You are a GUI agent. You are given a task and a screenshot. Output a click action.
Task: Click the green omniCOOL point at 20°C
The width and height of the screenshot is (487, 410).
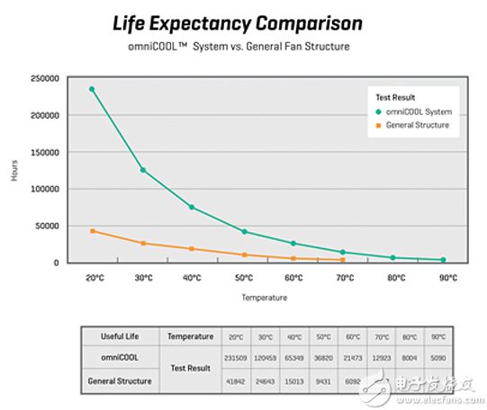click(92, 89)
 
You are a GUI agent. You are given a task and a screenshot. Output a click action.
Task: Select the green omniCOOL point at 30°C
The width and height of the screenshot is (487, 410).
click(142, 170)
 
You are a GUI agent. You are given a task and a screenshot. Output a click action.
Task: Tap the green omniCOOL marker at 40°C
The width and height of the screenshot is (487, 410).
click(192, 207)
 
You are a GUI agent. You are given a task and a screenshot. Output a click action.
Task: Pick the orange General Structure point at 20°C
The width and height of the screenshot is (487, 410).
click(92, 231)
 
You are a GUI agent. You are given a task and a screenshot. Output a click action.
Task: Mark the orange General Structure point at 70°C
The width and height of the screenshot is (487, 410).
click(342, 260)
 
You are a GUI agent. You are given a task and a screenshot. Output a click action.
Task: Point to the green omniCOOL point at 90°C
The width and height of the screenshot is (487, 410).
click(443, 260)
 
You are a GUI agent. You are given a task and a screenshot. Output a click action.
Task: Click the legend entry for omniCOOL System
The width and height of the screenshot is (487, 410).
click(413, 111)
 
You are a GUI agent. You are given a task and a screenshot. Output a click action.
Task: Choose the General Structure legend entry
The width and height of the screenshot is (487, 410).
click(415, 124)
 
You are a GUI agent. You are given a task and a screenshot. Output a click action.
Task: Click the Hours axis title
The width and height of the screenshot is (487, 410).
click(14, 171)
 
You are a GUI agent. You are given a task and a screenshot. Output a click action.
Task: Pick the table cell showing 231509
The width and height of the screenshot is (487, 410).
click(235, 358)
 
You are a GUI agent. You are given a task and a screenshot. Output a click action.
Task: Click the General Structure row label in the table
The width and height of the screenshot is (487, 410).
click(117, 380)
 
